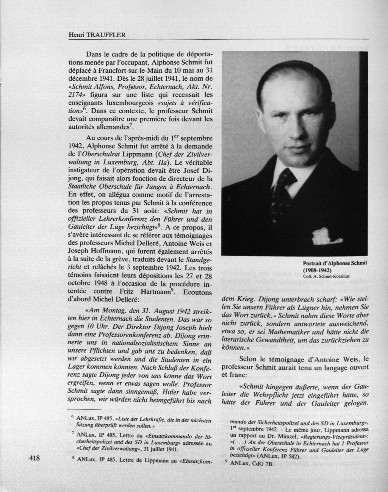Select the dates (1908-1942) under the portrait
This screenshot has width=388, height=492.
pos(318,270)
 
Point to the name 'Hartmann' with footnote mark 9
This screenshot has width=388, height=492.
pos(155,292)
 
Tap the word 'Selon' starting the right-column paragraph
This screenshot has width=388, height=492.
pos(248,358)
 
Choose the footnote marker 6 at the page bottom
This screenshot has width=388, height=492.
pos(72,416)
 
